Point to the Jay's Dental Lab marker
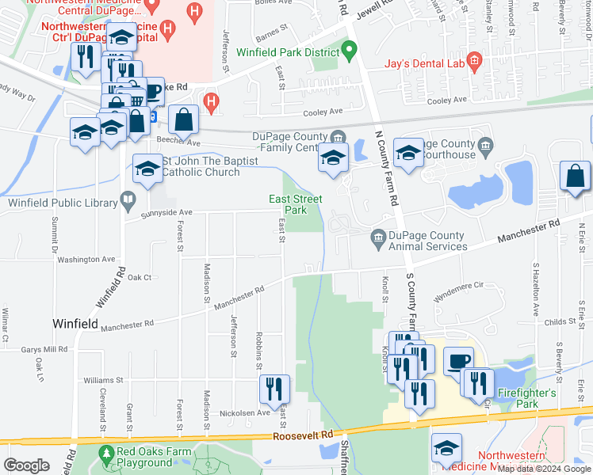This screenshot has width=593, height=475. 474,60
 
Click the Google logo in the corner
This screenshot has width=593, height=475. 26,465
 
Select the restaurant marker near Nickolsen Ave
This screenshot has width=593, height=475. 274,389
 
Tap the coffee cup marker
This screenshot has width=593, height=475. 457,360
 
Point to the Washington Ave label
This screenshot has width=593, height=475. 87,259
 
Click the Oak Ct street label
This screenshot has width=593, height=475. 140,277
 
